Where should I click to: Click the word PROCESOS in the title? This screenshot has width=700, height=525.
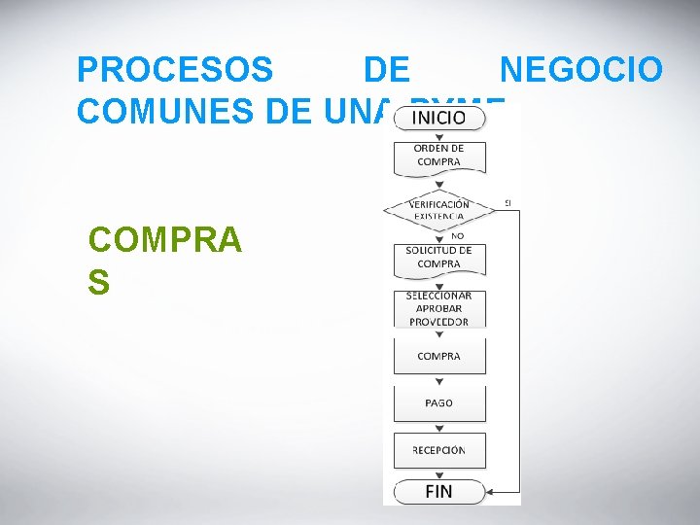click(x=175, y=70)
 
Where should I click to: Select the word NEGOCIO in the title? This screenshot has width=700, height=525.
click(x=581, y=70)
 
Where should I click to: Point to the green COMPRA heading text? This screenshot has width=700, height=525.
click(x=164, y=239)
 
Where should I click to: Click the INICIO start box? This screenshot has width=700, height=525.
click(x=438, y=118)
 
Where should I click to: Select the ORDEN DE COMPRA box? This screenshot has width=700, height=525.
click(x=438, y=156)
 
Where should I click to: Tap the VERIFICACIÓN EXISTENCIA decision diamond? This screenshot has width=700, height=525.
click(x=438, y=210)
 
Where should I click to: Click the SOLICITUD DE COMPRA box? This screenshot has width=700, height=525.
click(x=438, y=258)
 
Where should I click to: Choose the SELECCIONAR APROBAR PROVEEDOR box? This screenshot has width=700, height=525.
click(x=438, y=309)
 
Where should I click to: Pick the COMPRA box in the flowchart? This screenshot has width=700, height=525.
click(x=438, y=356)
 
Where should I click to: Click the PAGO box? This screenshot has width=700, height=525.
click(x=438, y=402)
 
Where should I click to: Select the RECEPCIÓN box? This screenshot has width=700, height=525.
click(x=438, y=449)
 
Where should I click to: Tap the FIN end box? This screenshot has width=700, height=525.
click(x=438, y=491)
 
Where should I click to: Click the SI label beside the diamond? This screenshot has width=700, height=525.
click(x=507, y=202)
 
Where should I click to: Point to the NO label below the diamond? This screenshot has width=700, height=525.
click(x=457, y=236)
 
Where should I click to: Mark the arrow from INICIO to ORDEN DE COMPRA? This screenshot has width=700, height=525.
click(x=438, y=135)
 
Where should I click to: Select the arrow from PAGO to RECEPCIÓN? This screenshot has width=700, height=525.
click(x=438, y=427)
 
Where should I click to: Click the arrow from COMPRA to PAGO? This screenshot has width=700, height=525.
click(x=438, y=380)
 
